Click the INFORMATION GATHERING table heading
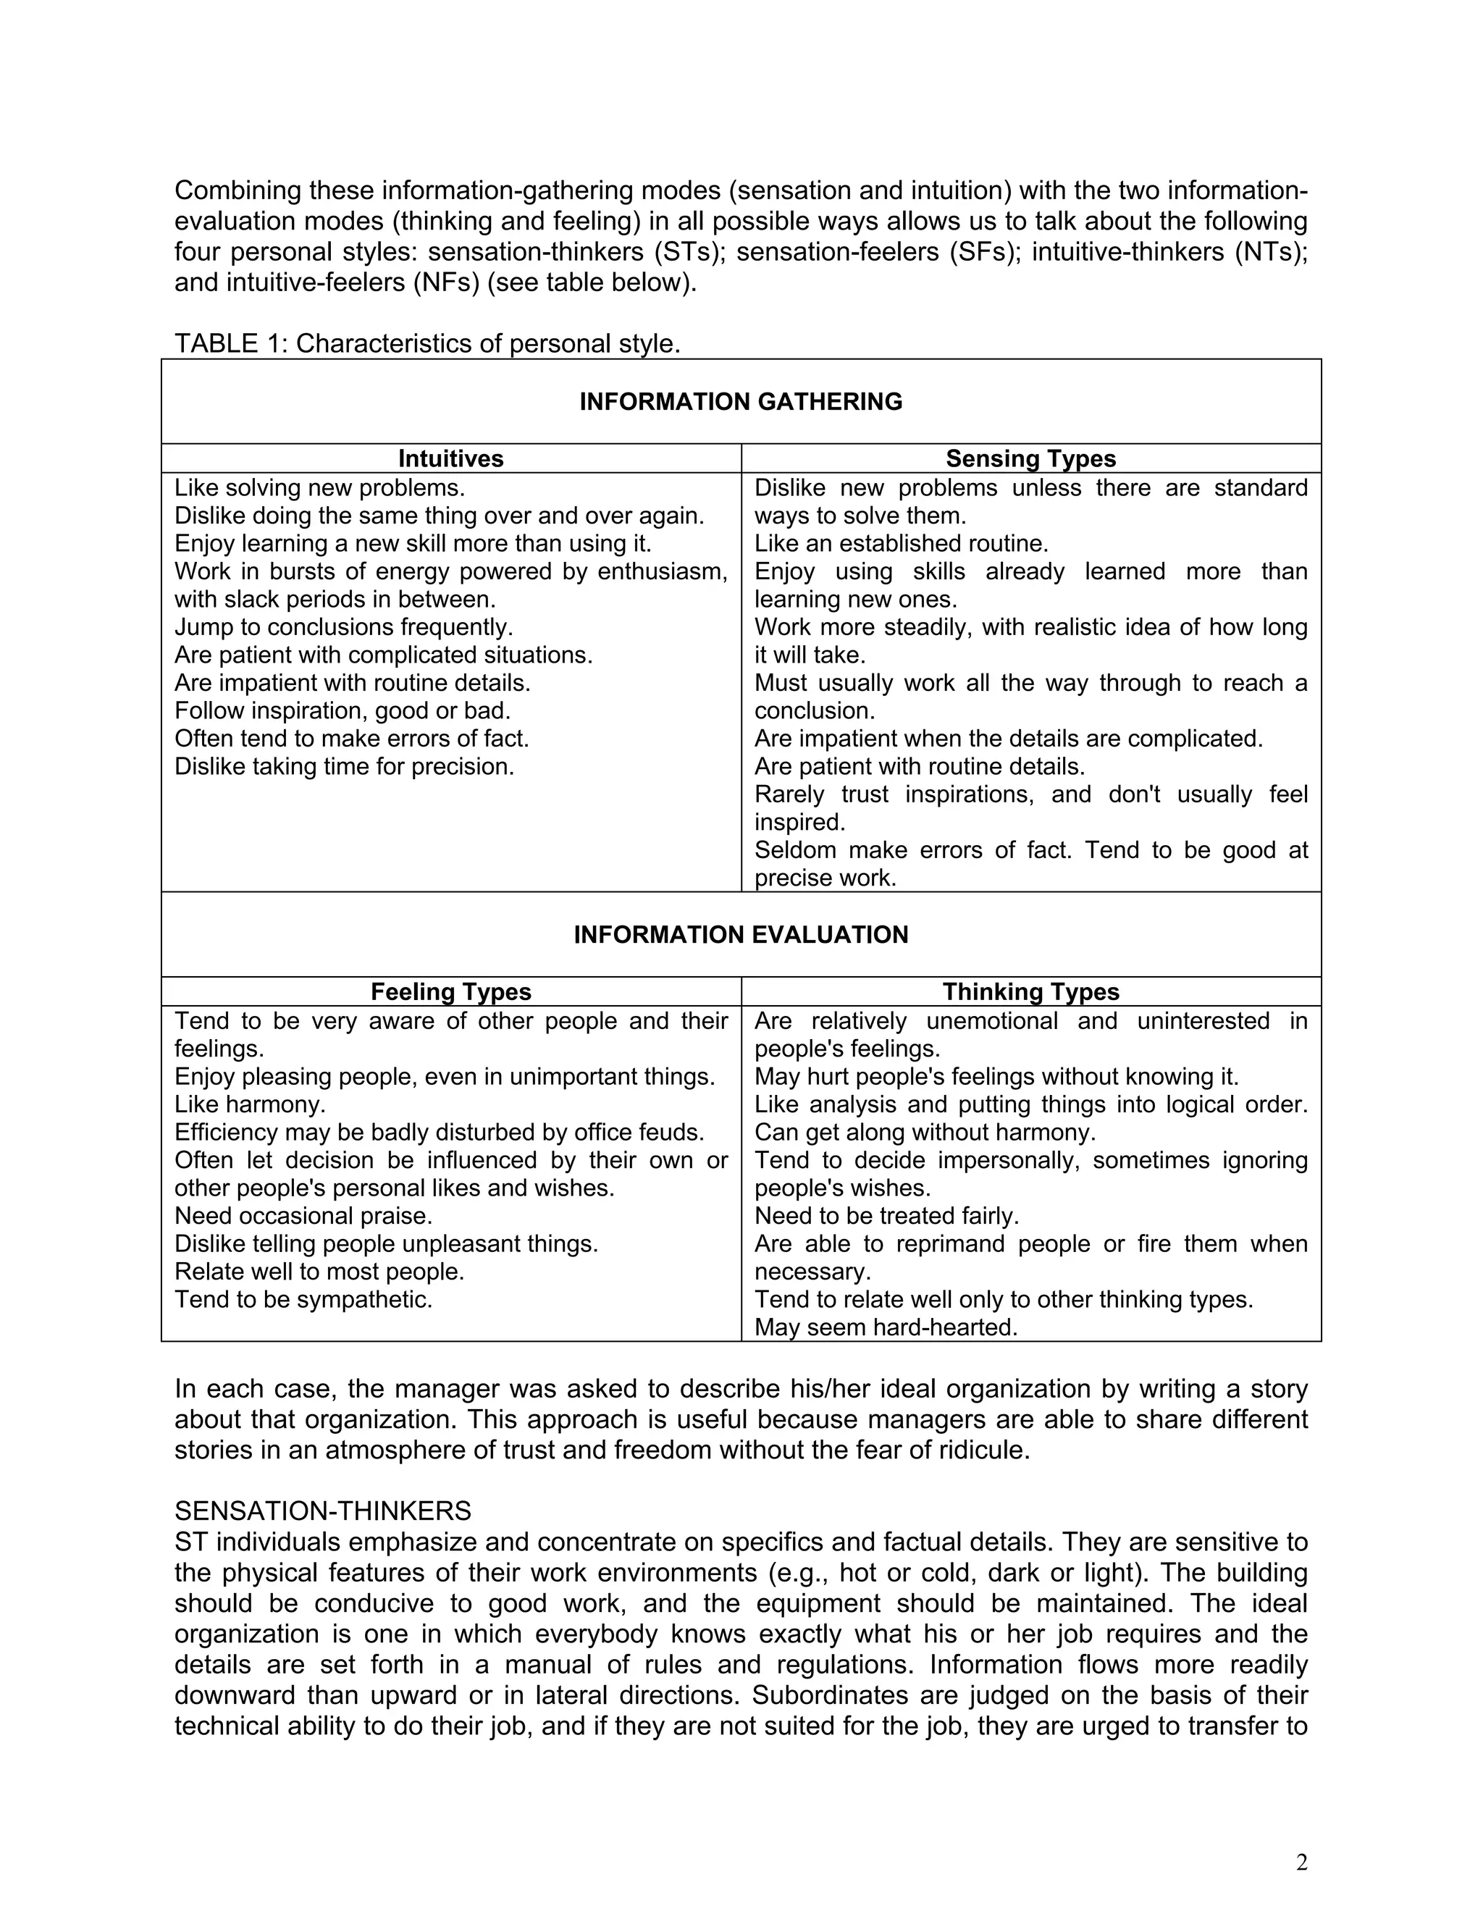click(741, 402)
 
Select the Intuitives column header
click(450, 458)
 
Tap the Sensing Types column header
click(1030, 458)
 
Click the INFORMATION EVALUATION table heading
click(741, 934)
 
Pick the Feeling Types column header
click(450, 992)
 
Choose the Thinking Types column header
click(1030, 992)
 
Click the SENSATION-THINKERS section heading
click(322, 1511)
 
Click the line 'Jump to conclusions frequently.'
click(343, 627)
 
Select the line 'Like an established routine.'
click(902, 544)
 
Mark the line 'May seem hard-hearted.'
click(886, 1327)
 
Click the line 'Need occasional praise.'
click(303, 1216)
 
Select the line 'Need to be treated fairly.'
click(886, 1216)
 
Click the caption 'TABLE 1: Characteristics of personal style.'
click(427, 343)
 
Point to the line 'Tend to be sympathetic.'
click(303, 1300)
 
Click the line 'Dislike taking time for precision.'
click(343, 767)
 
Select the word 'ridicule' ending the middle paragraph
click(976, 1450)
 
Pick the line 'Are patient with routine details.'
click(920, 767)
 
